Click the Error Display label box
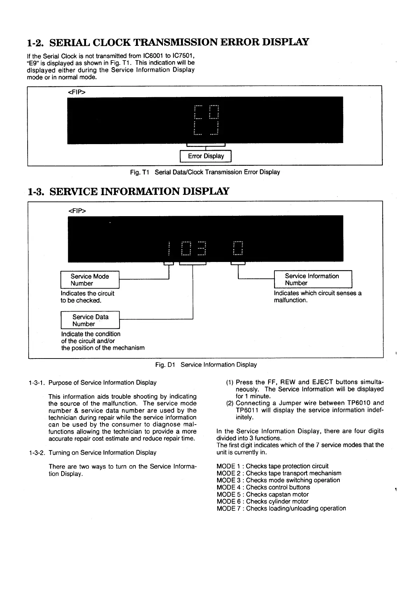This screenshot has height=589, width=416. (x=206, y=156)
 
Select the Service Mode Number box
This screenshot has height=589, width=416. (x=90, y=280)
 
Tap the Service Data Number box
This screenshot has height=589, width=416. (x=90, y=320)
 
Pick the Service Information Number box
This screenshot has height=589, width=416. (x=313, y=279)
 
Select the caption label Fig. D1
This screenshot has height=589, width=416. (x=165, y=365)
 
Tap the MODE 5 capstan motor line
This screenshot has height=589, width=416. (x=263, y=494)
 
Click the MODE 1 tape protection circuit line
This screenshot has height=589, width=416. (x=272, y=466)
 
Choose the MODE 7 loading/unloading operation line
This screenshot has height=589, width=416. (x=281, y=508)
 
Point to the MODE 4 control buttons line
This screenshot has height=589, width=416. (x=263, y=487)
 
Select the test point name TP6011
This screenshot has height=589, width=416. (x=248, y=410)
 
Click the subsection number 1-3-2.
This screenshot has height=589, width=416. (x=37, y=453)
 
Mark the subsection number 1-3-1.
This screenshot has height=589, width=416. (x=36, y=383)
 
